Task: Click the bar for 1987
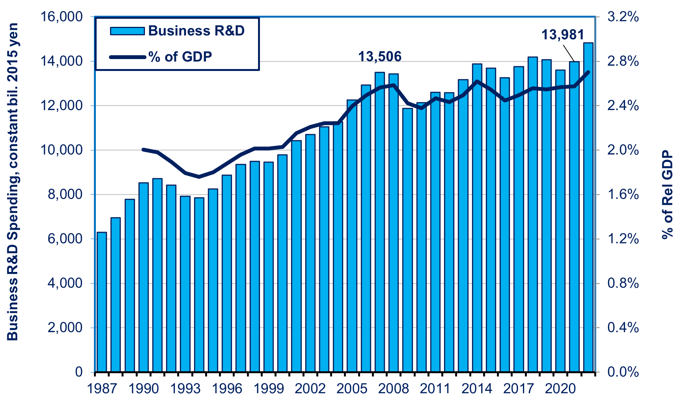(102, 302)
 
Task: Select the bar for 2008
(394, 223)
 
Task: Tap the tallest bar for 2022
(588, 207)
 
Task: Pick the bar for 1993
(185, 284)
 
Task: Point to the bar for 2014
(477, 218)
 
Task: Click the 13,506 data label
(380, 57)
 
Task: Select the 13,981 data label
(562, 35)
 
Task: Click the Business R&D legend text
(196, 31)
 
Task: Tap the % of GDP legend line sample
(128, 57)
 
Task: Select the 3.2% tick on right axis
(623, 17)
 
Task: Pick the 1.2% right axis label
(623, 239)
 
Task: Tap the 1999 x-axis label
(269, 389)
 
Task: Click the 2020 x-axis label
(561, 389)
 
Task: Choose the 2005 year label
(352, 389)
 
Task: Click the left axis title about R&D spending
(13, 182)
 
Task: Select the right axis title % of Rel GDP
(667, 195)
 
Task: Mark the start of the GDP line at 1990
(143, 149)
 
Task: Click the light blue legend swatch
(127, 31)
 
